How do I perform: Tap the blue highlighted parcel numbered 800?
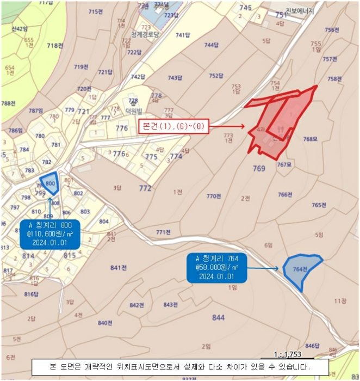pyautogui.click(x=49, y=184)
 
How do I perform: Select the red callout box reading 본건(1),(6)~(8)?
pyautogui.click(x=173, y=126)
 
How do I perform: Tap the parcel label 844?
pyautogui.click(x=218, y=317)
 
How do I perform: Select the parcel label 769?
pyautogui.click(x=259, y=169)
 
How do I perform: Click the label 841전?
pyautogui.click(x=118, y=267)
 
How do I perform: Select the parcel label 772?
pyautogui.click(x=145, y=188)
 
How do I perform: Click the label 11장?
pyautogui.click(x=340, y=300)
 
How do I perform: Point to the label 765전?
pyautogui.click(x=319, y=205)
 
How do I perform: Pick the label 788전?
pyautogui.click(x=8, y=103)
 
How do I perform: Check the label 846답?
pyautogui.click(x=312, y=346)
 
